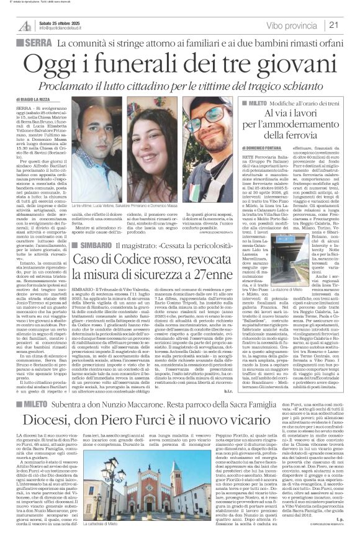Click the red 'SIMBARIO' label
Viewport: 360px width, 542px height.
[x=95, y=211]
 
